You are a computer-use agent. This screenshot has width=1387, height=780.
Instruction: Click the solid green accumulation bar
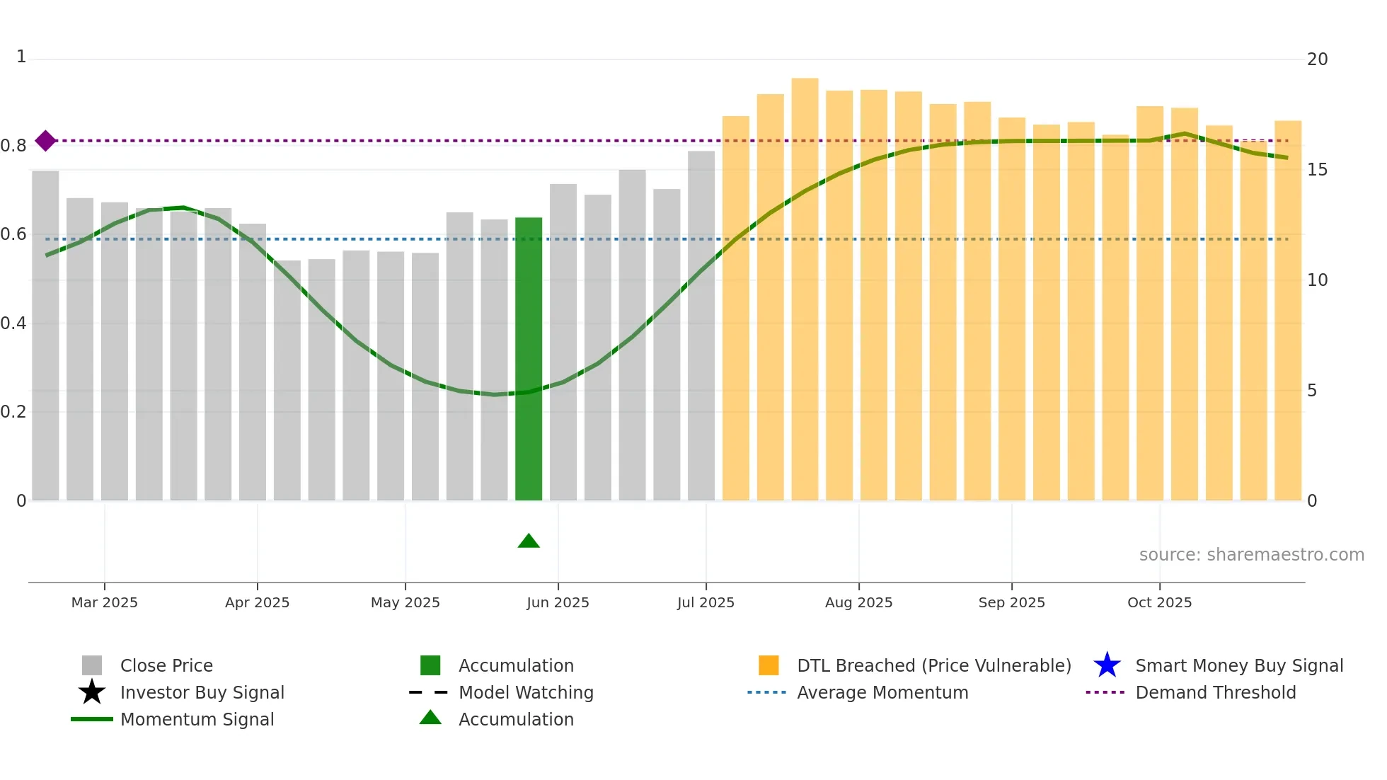[529, 359]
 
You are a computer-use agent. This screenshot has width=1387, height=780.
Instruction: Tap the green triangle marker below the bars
[529, 541]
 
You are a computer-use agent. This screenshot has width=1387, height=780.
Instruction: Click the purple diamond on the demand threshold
[45, 141]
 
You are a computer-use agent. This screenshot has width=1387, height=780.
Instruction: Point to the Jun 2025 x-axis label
[558, 602]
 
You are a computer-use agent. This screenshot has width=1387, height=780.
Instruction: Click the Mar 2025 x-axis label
[105, 602]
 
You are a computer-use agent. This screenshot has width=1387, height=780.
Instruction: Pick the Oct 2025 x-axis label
[1159, 602]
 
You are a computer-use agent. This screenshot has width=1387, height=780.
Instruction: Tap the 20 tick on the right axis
[1317, 59]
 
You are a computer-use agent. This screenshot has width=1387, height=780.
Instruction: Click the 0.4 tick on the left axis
[13, 323]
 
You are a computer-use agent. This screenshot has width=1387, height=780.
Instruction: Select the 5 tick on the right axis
[1312, 391]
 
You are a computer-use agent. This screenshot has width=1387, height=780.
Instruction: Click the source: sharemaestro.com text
[1251, 555]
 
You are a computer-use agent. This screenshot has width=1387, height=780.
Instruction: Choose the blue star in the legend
[1107, 665]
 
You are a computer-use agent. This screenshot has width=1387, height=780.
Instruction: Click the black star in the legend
[92, 692]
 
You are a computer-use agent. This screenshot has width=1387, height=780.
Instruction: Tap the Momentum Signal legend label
[197, 719]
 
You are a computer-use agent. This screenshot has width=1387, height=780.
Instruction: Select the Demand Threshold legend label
[1215, 692]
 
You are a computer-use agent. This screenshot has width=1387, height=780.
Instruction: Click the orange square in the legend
[769, 665]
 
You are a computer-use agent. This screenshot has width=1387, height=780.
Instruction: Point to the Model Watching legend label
[526, 692]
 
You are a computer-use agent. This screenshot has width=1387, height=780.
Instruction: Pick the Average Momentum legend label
[882, 692]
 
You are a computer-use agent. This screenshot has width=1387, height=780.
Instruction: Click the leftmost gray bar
[45, 335]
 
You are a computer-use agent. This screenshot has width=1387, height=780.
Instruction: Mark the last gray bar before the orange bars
[701, 326]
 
